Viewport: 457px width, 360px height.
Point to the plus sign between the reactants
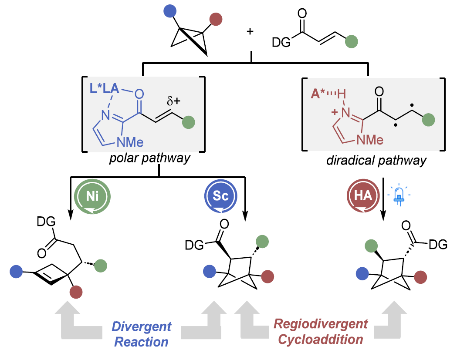coord(250,32)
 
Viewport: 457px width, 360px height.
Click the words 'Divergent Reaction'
coord(142,334)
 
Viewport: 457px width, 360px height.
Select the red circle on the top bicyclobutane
coord(215,20)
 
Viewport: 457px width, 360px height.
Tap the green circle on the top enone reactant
coord(352,42)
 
